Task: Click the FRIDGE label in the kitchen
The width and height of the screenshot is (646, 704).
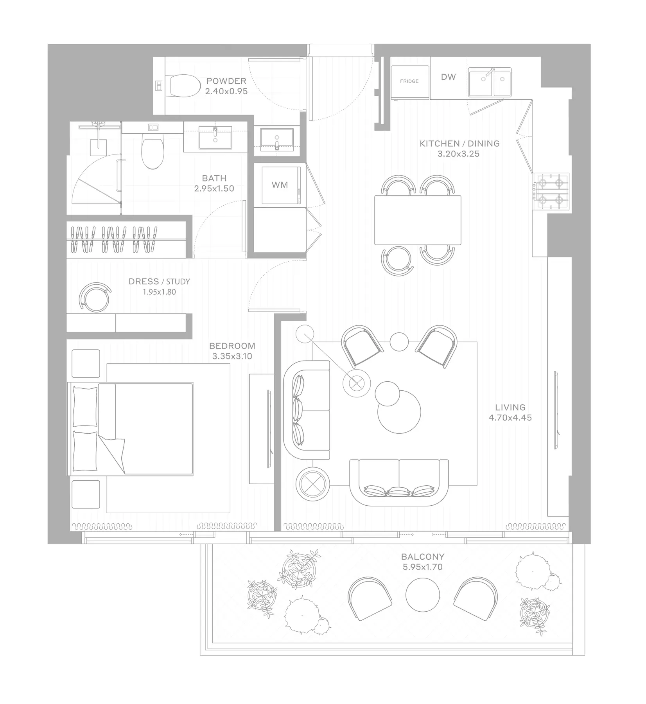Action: (x=409, y=81)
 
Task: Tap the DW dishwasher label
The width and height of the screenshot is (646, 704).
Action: (x=449, y=77)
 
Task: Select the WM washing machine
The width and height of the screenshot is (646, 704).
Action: (x=280, y=185)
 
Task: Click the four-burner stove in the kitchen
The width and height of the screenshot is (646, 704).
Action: (x=553, y=192)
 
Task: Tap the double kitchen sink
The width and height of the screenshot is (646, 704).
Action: (x=490, y=83)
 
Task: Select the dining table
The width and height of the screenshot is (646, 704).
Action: (x=418, y=220)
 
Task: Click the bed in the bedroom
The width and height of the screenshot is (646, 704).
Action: (x=131, y=429)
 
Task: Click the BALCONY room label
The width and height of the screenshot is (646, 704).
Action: (x=423, y=556)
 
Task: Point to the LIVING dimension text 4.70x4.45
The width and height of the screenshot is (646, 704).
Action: (x=510, y=418)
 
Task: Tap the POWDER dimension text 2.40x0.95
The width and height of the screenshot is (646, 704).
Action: (x=226, y=91)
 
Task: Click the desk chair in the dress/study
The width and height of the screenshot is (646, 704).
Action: (x=95, y=297)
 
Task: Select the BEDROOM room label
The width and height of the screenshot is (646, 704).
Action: (x=232, y=346)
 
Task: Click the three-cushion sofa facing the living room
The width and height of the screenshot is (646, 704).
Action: (x=399, y=482)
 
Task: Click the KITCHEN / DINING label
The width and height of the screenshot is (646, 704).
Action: (x=459, y=144)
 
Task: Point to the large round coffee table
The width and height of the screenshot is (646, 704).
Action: (x=399, y=411)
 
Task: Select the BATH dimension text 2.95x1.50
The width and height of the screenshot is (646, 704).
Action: (x=214, y=189)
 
